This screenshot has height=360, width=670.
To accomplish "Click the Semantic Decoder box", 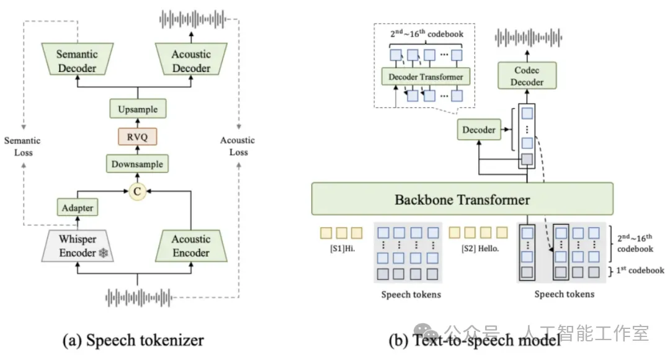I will (77, 61).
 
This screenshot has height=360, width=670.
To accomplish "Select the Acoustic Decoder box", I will (191, 61).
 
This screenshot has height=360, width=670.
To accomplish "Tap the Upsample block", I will (138, 109).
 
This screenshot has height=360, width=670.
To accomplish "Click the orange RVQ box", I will (138, 137).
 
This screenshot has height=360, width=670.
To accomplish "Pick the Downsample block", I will (138, 164).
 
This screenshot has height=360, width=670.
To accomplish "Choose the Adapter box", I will (78, 208).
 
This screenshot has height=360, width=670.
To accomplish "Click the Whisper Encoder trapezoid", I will (78, 246).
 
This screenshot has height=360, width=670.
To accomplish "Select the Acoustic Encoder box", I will (191, 246).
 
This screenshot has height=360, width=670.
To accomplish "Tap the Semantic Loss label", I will (22, 146).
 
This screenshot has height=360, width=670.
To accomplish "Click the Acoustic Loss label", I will (238, 146).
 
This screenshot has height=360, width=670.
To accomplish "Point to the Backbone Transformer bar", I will (462, 199).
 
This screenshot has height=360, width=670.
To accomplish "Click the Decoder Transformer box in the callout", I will (426, 77).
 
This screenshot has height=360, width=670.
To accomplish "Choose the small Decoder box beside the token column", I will (479, 130).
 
